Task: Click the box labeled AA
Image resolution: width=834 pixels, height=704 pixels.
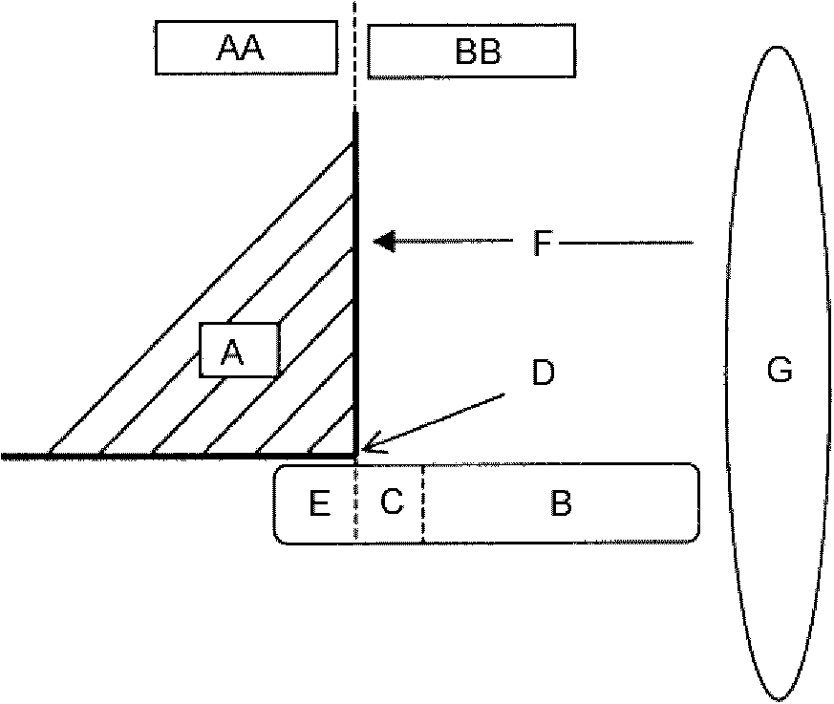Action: click(246, 48)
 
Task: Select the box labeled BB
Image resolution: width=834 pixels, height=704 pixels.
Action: click(471, 51)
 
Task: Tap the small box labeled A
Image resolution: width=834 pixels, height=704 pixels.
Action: click(240, 350)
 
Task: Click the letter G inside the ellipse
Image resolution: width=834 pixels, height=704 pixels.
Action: click(780, 370)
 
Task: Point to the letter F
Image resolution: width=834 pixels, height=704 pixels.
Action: click(543, 243)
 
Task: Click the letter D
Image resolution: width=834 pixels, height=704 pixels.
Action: click(543, 373)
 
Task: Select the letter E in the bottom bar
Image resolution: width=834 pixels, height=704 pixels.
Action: click(320, 503)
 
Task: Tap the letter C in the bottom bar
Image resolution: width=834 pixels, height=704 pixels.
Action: click(392, 501)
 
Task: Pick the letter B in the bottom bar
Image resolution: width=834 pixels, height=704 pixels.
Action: click(561, 503)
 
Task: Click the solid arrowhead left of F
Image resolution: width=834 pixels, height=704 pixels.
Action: click(384, 242)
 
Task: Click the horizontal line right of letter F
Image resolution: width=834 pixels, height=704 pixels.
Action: click(626, 243)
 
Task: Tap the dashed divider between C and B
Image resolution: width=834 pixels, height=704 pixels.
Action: click(423, 503)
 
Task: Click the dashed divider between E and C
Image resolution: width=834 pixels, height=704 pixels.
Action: click(355, 503)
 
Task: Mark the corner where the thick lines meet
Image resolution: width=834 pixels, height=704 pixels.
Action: click(355, 456)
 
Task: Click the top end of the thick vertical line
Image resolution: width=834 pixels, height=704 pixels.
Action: click(355, 112)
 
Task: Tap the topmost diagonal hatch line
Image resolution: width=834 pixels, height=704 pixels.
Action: click(201, 299)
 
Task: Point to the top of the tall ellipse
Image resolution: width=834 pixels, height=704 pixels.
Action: click(778, 48)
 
